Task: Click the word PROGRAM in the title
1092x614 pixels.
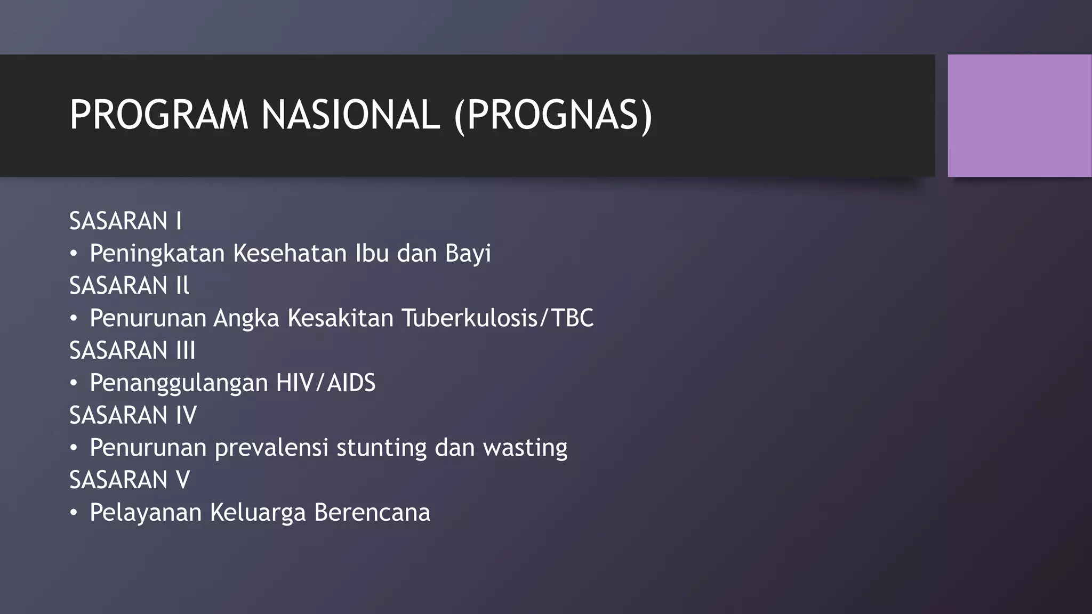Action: [x=159, y=115]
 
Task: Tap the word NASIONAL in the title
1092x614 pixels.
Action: [x=350, y=115]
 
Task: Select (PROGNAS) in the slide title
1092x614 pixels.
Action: [x=553, y=115]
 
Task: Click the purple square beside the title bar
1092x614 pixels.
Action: [x=1019, y=116]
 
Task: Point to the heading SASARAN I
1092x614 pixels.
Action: [x=125, y=221]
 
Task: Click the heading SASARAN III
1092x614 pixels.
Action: [x=132, y=350]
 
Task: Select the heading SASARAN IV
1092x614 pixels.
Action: [x=133, y=415]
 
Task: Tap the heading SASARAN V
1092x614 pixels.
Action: [x=130, y=480]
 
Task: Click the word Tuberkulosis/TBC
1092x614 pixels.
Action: [x=497, y=318]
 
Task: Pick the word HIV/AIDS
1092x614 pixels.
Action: [x=325, y=383]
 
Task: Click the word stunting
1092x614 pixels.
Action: [x=381, y=448]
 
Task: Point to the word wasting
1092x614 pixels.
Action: [x=525, y=448]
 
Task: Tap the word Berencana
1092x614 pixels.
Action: [x=372, y=512]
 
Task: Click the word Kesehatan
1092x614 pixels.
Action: [x=290, y=253]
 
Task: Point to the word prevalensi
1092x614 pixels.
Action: [x=271, y=448]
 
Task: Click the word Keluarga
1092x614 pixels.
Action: [x=258, y=512]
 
